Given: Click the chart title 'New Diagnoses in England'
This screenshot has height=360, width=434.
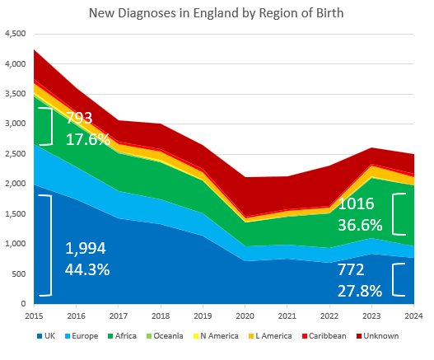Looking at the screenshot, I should [216, 13].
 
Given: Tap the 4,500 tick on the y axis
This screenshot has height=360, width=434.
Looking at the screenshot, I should [16, 34].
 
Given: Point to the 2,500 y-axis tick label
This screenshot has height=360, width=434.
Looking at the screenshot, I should [16, 154].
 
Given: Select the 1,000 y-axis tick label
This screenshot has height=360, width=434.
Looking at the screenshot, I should [16, 244].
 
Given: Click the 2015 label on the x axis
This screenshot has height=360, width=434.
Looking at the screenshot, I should [35, 316].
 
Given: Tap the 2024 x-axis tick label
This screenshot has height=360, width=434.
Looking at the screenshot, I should [413, 316].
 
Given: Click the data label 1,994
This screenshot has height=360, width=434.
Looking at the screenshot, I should [86, 248].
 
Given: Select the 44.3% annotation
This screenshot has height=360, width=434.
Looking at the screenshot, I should [88, 269].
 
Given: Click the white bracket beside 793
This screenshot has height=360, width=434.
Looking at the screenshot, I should [50, 126].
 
